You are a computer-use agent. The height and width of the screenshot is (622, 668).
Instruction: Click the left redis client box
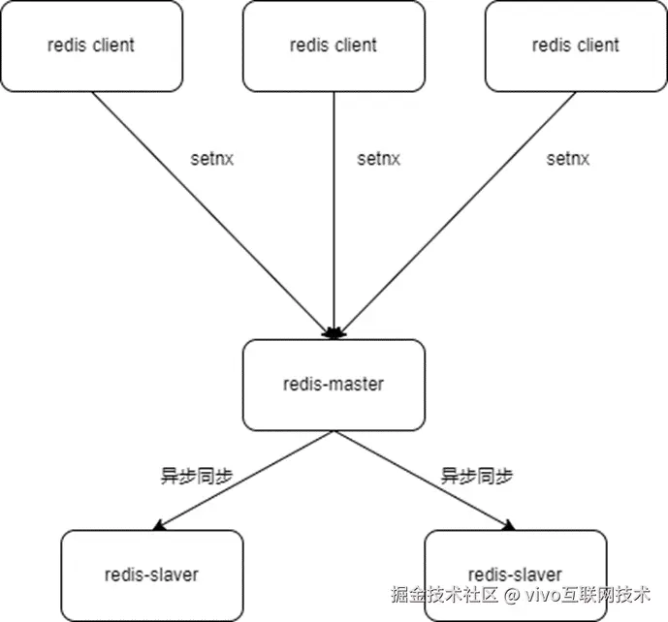pyautogui.click(x=91, y=46)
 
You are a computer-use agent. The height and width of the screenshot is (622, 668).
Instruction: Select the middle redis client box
pyautogui.click(x=333, y=46)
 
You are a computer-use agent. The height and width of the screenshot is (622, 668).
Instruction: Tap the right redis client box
pyautogui.click(x=576, y=46)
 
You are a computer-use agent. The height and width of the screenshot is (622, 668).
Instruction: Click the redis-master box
pyautogui.click(x=333, y=385)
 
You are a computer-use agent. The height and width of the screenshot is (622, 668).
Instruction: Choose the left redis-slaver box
pyautogui.click(x=151, y=575)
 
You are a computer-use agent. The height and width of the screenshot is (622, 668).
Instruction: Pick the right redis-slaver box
pyautogui.click(x=515, y=574)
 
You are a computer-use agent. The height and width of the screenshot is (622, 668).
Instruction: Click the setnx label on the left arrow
pyautogui.click(x=213, y=159)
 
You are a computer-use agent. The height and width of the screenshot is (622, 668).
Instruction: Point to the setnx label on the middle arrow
pyautogui.click(x=378, y=159)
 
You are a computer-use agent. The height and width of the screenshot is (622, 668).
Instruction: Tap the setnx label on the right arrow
pyautogui.click(x=567, y=159)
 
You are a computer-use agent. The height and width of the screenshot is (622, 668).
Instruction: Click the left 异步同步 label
pyautogui.click(x=195, y=476)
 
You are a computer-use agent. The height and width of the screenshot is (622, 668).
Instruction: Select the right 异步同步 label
pyautogui.click(x=476, y=476)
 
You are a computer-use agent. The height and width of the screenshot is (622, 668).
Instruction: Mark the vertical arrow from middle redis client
pyautogui.click(x=334, y=213)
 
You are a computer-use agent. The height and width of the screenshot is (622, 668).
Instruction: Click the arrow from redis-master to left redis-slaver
pyautogui.click(x=242, y=481)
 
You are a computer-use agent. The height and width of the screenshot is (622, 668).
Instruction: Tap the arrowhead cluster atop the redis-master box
pyautogui.click(x=334, y=333)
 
